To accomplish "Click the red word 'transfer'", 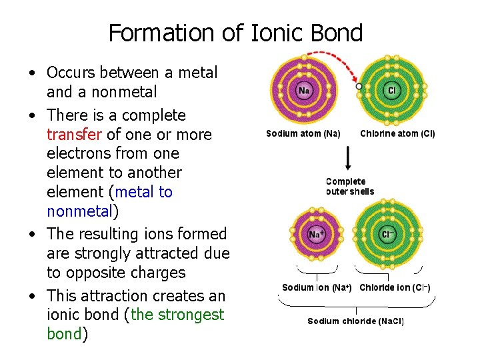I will click(74, 135).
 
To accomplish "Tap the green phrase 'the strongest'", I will click(178, 315).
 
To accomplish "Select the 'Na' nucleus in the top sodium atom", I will click(304, 90).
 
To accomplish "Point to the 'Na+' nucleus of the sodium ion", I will click(316, 235).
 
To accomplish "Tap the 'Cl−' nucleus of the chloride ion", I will click(388, 235).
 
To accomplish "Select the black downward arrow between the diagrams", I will click(348, 158).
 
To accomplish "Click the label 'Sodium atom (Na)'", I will click(303, 133).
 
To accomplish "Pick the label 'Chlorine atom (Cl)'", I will click(397, 133).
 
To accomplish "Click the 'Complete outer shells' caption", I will click(349, 187).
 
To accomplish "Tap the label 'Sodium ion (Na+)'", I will click(317, 288).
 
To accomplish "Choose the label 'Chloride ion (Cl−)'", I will click(395, 288).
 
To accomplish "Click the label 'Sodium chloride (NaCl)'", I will click(355, 321).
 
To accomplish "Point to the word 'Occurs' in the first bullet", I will click(71, 72).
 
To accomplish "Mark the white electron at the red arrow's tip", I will click(359, 86).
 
